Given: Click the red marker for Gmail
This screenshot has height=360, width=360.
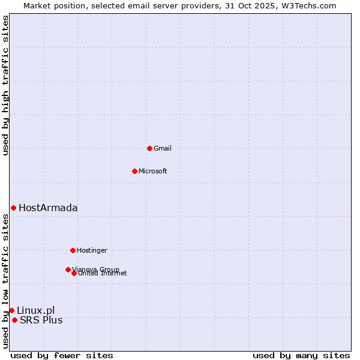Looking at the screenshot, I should point(149,148).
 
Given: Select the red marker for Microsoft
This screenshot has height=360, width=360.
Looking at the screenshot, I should point(134,171).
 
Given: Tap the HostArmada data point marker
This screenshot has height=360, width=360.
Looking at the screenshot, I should point(13,208).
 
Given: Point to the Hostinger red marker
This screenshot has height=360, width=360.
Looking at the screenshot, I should point(73,250).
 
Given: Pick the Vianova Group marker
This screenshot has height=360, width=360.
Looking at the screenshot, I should point(68,269).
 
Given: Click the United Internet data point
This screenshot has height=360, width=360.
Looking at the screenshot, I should point(74,273).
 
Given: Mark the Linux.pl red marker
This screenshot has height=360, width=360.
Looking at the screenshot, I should point(11,310).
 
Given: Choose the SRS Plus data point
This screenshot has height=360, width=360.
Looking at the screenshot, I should point(14,320).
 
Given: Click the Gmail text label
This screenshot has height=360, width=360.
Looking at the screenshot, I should point(163,148).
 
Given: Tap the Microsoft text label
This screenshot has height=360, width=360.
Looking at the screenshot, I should point(153,171).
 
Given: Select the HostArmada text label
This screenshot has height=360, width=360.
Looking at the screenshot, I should point(48,208).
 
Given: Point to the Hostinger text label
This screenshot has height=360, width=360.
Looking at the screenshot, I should point(92,250).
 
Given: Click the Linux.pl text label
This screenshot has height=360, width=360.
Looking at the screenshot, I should point(35,310).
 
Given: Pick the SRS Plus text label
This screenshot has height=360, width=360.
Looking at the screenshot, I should point(41,320).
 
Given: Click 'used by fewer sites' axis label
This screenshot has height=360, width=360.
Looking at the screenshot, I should point(62,355).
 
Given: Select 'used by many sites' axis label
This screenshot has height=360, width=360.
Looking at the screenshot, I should point(301,355).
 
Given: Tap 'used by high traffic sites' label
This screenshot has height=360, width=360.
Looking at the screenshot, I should point(5,85).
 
